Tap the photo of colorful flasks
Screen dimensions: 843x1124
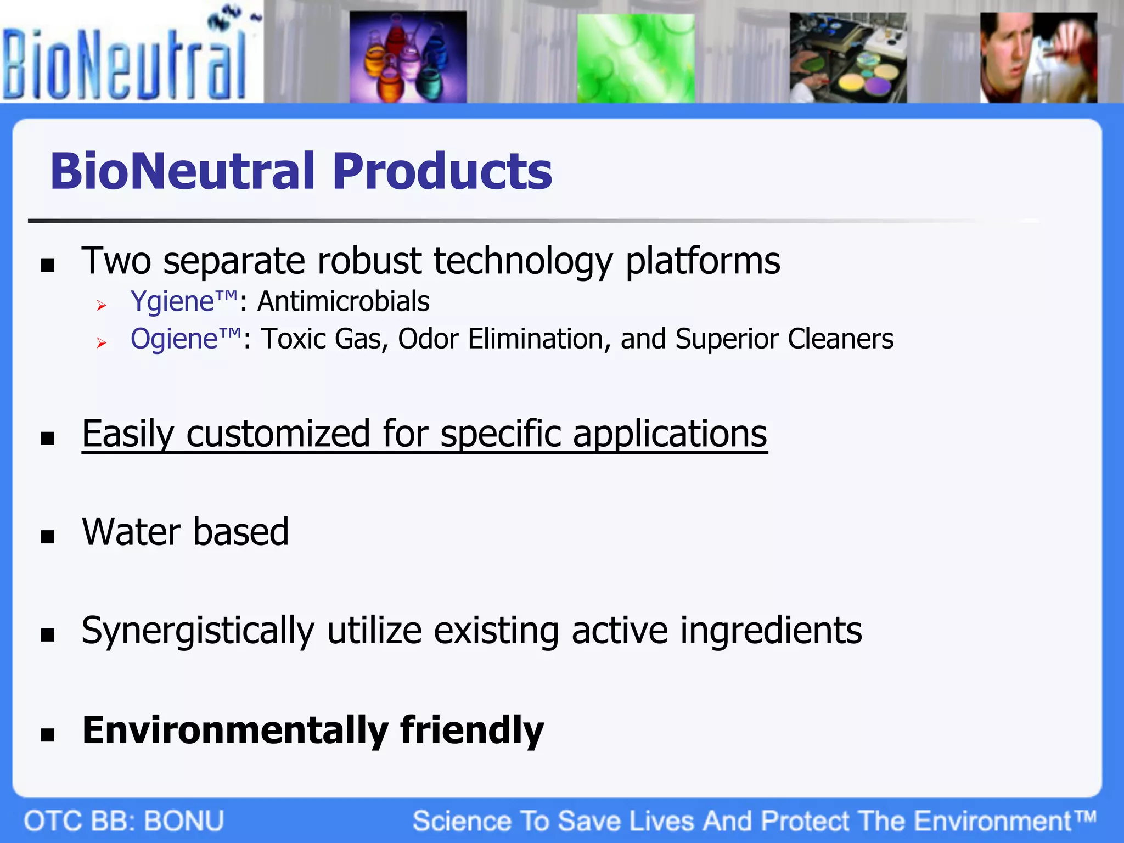coord(408,57)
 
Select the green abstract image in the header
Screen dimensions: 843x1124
coord(636,58)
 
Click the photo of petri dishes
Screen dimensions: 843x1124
coord(848,58)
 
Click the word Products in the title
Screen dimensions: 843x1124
coord(442,171)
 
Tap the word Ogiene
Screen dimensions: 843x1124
coord(175,339)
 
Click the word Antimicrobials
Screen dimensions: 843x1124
coord(344,302)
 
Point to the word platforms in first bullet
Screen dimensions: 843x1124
coord(702,261)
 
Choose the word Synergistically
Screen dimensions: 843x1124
coord(198,631)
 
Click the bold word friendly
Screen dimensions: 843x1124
coord(472,730)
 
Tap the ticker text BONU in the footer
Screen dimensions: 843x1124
coord(184,822)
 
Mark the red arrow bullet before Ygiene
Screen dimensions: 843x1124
coord(101,306)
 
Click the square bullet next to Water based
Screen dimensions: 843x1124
coord(48,536)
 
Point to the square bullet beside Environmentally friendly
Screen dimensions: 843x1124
coord(48,734)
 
